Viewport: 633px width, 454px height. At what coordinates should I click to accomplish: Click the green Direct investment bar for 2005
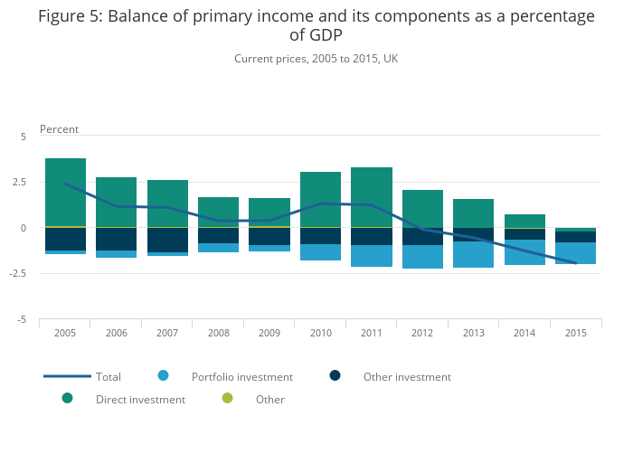click(65, 192)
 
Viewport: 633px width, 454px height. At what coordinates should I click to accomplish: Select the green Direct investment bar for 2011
click(371, 197)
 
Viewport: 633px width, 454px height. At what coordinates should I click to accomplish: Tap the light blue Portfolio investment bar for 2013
click(473, 254)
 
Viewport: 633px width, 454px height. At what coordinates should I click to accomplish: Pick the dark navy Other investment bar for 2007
click(167, 240)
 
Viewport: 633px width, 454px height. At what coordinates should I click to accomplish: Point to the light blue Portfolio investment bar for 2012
click(422, 257)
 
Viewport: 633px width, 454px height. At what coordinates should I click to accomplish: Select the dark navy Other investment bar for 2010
click(320, 236)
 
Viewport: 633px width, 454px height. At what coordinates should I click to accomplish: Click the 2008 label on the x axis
click(218, 333)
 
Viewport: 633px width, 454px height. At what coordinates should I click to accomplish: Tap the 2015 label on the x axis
click(576, 333)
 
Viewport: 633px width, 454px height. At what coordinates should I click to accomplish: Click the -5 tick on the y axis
click(24, 320)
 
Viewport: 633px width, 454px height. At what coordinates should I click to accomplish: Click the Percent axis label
click(59, 129)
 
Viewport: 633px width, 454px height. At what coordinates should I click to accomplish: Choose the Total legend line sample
click(67, 376)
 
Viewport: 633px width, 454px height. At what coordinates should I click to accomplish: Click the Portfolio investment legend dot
click(163, 375)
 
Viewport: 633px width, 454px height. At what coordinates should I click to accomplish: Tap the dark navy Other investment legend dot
click(335, 375)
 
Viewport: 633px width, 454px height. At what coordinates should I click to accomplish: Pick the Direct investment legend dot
click(67, 398)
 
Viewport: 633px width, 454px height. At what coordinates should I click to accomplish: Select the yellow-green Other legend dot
click(227, 398)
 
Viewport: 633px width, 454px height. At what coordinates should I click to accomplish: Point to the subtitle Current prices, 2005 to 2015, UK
click(316, 59)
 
